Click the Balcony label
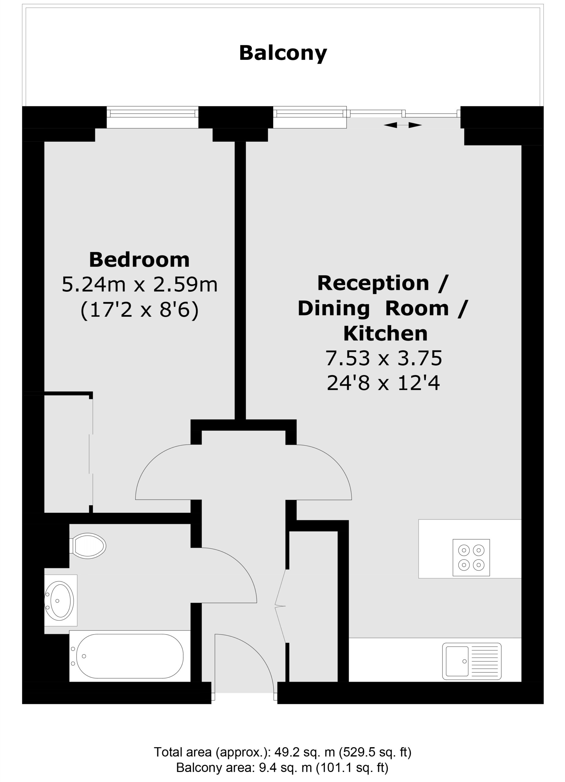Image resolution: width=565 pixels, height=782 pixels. tap(283, 53)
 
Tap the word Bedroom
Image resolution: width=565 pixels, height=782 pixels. tap(139, 260)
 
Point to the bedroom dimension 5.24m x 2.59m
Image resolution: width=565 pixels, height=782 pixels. tap(139, 285)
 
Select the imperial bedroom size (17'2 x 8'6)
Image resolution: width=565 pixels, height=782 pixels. tap(139, 310)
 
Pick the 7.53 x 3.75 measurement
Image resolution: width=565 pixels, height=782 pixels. tap(383, 358)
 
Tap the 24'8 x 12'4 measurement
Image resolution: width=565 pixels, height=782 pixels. tap(383, 383)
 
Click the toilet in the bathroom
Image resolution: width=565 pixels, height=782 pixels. tap(88, 546)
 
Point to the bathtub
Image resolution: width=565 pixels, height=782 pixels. tap(130, 656)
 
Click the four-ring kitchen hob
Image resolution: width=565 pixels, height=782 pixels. tap(471, 557)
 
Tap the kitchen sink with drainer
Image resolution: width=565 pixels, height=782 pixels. tap(471, 661)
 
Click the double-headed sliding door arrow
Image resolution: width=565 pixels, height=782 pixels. tap(402, 125)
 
